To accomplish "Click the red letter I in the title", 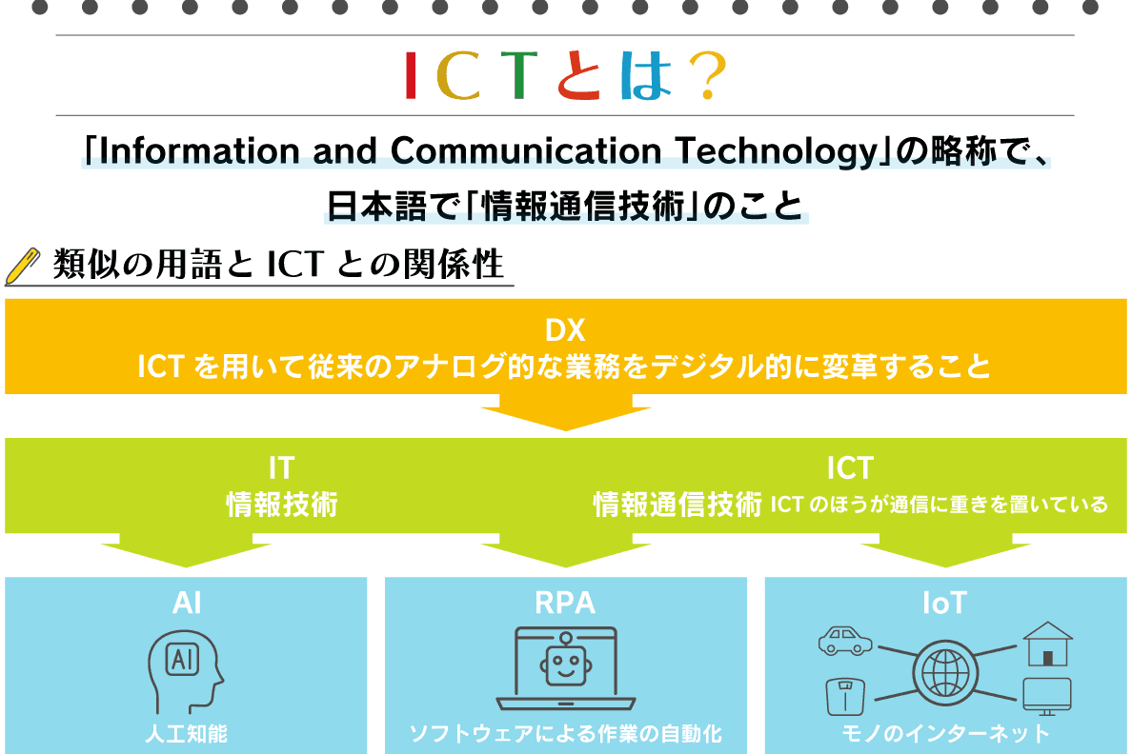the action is (x=411, y=75).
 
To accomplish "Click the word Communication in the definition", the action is (x=526, y=150).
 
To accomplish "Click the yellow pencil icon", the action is (x=22, y=267).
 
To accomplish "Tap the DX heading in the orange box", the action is (x=565, y=330).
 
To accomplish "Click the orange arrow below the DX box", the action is (x=566, y=412).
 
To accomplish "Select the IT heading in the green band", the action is (x=281, y=468).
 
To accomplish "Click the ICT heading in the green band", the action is (x=851, y=468).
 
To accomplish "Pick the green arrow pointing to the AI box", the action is (x=186, y=550).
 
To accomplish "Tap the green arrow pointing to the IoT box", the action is (x=946, y=550).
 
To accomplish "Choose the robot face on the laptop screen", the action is (x=566, y=663).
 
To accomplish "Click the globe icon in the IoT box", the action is (x=946, y=672).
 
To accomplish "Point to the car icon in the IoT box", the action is (x=844, y=641).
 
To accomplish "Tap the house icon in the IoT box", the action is (x=1047, y=644).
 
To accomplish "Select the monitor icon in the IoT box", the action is (x=1047, y=696).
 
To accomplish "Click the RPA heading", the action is (x=565, y=604).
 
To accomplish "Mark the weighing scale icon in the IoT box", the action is (x=845, y=696).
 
